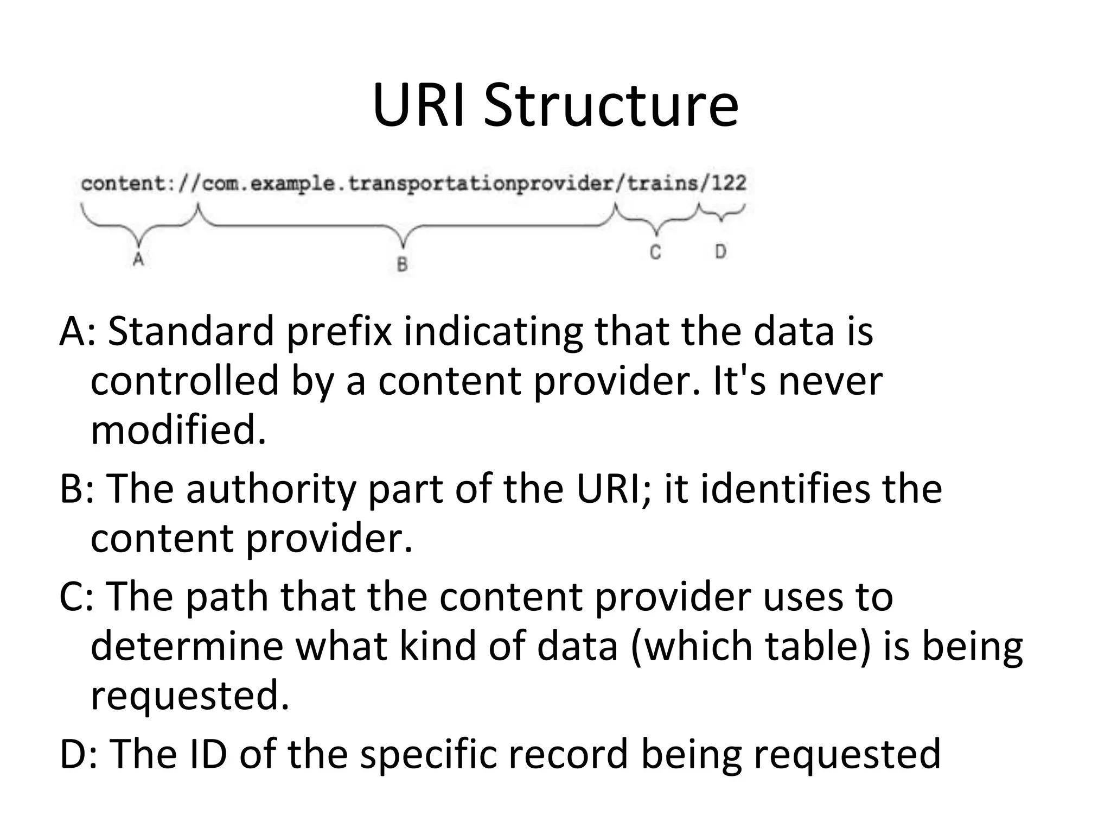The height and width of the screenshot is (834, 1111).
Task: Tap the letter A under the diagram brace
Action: tap(138, 259)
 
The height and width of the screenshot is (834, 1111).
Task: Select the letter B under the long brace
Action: tap(402, 264)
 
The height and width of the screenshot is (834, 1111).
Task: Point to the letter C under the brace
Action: tap(655, 252)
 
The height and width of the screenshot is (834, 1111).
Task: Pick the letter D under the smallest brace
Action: tap(720, 251)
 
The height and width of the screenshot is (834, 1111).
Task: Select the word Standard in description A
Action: tap(191, 331)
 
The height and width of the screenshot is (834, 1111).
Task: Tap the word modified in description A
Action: tap(178, 429)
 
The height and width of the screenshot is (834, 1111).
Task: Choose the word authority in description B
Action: tap(271, 489)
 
